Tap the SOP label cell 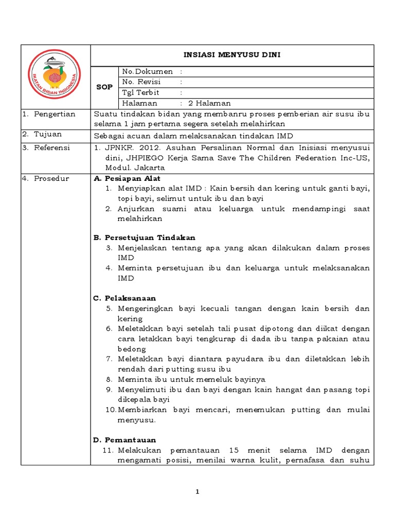point(104,87)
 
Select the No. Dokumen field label point(147,71)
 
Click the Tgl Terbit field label point(140,92)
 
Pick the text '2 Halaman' point(209,103)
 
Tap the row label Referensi point(52,147)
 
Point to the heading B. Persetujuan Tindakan point(145,238)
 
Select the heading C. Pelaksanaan point(124,298)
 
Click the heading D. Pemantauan point(124,440)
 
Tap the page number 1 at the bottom point(198,492)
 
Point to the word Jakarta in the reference point(150,168)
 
